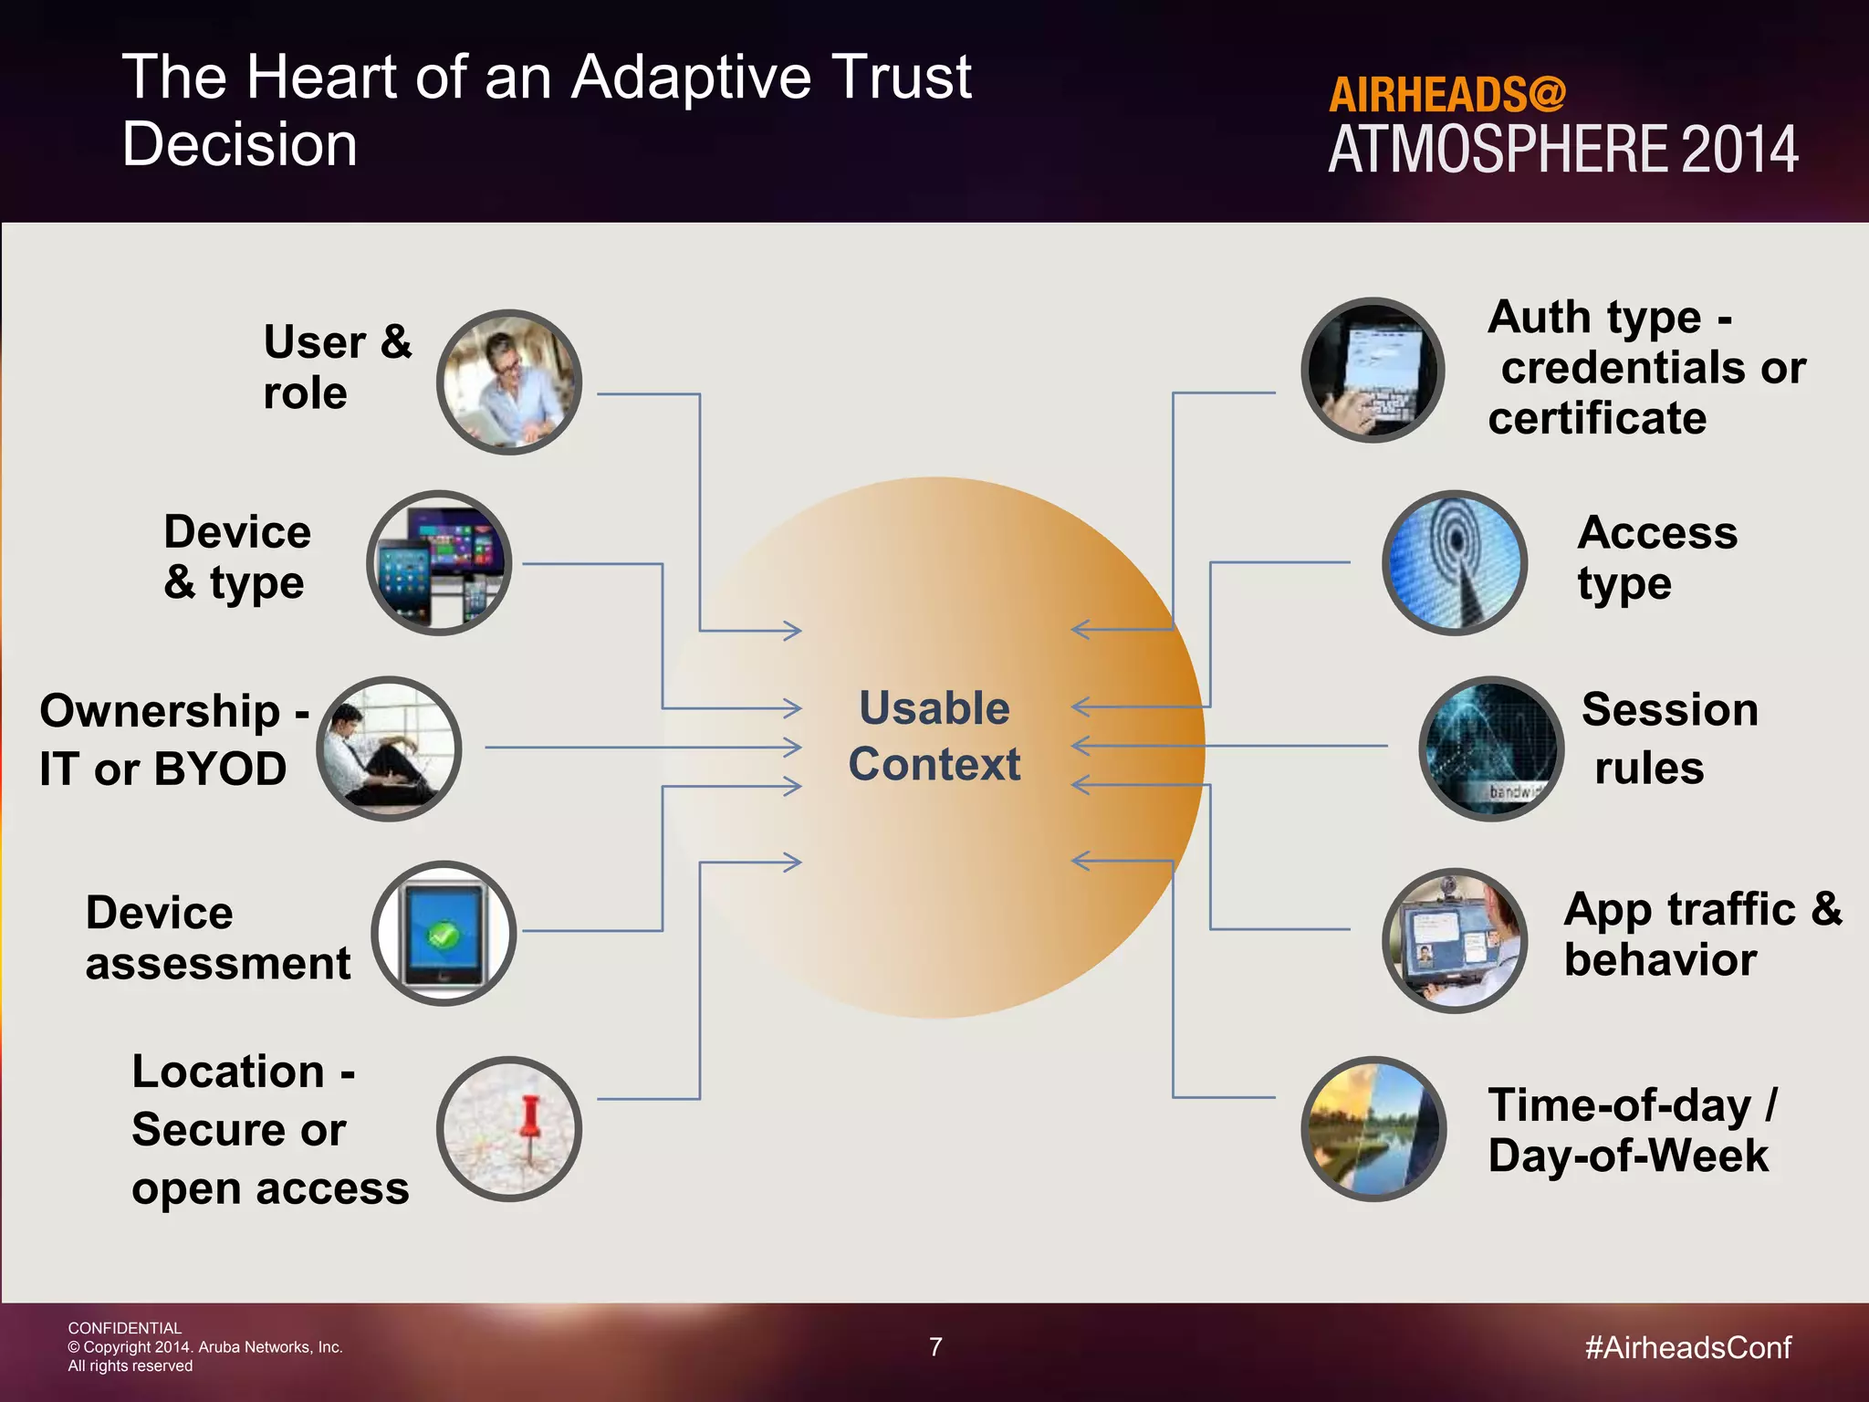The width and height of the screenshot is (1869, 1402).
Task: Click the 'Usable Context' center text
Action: coord(934,736)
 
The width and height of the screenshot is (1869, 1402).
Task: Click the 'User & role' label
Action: coord(337,367)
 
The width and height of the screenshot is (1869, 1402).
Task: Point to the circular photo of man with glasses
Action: coord(509,382)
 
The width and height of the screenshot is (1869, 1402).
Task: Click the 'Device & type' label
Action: coord(236,557)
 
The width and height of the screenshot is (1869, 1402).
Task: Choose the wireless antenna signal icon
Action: coord(1455,562)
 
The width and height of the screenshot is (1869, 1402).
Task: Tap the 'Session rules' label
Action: coord(1668,738)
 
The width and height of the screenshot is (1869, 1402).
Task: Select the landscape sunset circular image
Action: coord(1373,1129)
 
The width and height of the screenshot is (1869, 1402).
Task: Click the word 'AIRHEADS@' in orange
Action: coord(1447,95)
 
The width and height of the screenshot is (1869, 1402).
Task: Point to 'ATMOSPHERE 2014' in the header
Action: coord(1562,151)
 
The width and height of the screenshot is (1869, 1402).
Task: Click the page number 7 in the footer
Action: coord(935,1346)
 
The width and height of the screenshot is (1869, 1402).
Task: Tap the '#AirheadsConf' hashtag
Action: coord(1688,1347)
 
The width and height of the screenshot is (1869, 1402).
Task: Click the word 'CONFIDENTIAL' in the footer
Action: coord(125,1328)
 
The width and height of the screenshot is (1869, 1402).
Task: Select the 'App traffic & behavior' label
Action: coord(1702,934)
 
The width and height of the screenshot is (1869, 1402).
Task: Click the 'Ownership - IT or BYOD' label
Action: coord(173,739)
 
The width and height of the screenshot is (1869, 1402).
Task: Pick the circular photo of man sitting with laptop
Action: coord(389,748)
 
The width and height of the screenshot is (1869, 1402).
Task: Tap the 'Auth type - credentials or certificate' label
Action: coord(1645,367)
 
